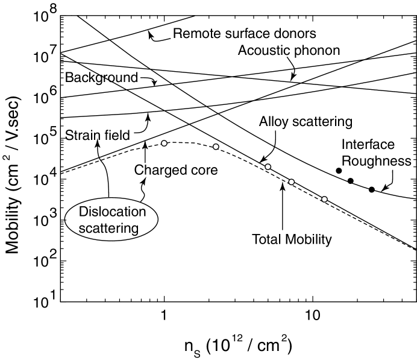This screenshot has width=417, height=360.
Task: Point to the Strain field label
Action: [x=98, y=134]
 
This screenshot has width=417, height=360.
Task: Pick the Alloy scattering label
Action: [x=305, y=122]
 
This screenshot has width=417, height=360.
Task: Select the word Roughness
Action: [x=383, y=161]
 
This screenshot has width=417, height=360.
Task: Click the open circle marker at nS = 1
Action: [x=164, y=143]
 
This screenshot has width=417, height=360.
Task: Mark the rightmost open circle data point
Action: [x=324, y=199]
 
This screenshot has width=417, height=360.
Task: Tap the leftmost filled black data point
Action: [x=339, y=171]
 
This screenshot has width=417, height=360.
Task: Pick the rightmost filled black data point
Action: [x=372, y=189]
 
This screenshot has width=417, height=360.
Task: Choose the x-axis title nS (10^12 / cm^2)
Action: [x=239, y=346]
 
